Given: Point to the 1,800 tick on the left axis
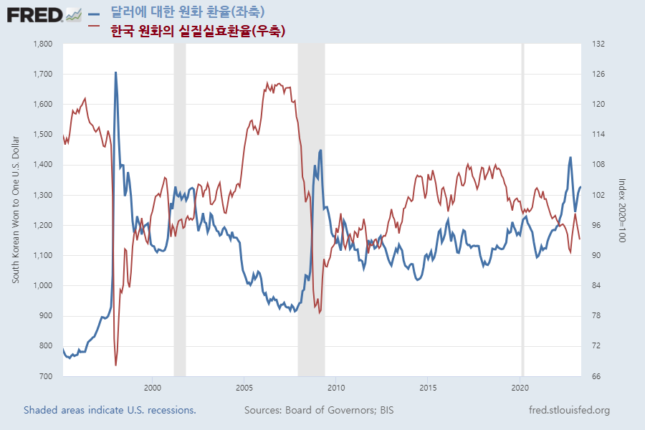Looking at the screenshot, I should point(43,44).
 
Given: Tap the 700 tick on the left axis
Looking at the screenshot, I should point(46,376).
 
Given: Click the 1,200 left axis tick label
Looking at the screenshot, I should point(43,225).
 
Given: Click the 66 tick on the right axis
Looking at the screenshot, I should point(596,376).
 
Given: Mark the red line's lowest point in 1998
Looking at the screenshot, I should point(115,365).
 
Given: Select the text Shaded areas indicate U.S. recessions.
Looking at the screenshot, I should point(110,411).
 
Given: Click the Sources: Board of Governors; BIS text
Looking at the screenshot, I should point(319,411).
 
